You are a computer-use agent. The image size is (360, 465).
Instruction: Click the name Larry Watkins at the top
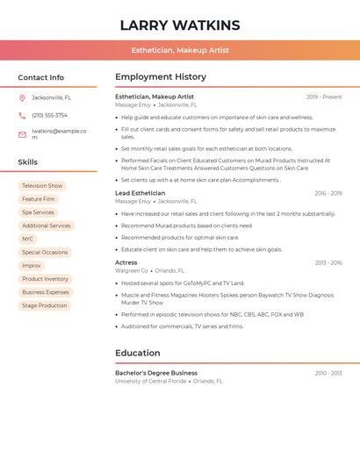(180, 25)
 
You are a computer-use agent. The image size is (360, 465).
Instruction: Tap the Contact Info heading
(40, 77)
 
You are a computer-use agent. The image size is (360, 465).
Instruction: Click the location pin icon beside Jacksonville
(22, 97)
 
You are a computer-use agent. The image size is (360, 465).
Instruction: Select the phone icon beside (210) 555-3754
(22, 116)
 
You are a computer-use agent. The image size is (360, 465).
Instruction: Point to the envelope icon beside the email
(22, 134)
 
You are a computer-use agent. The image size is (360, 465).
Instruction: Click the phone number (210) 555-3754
(49, 116)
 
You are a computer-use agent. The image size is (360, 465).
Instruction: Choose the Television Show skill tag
(42, 186)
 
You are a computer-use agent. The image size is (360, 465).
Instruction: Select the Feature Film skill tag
(39, 199)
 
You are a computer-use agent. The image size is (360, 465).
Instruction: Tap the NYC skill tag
(28, 239)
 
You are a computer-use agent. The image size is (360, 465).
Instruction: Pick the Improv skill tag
(32, 265)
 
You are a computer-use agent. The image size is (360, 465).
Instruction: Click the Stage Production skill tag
(44, 305)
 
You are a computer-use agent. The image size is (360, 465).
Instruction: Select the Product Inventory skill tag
(45, 279)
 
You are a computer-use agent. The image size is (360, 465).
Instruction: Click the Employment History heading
(161, 77)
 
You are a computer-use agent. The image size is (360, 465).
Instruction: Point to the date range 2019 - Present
(324, 97)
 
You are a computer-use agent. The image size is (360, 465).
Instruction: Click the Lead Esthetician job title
(140, 193)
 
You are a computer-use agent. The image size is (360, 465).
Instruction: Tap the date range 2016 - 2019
(328, 193)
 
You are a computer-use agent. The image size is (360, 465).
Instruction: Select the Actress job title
(126, 262)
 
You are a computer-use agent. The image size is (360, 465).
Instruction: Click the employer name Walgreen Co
(132, 271)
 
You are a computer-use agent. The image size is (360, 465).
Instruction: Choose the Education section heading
(137, 353)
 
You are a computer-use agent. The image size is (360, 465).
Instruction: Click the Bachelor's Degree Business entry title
(156, 373)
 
